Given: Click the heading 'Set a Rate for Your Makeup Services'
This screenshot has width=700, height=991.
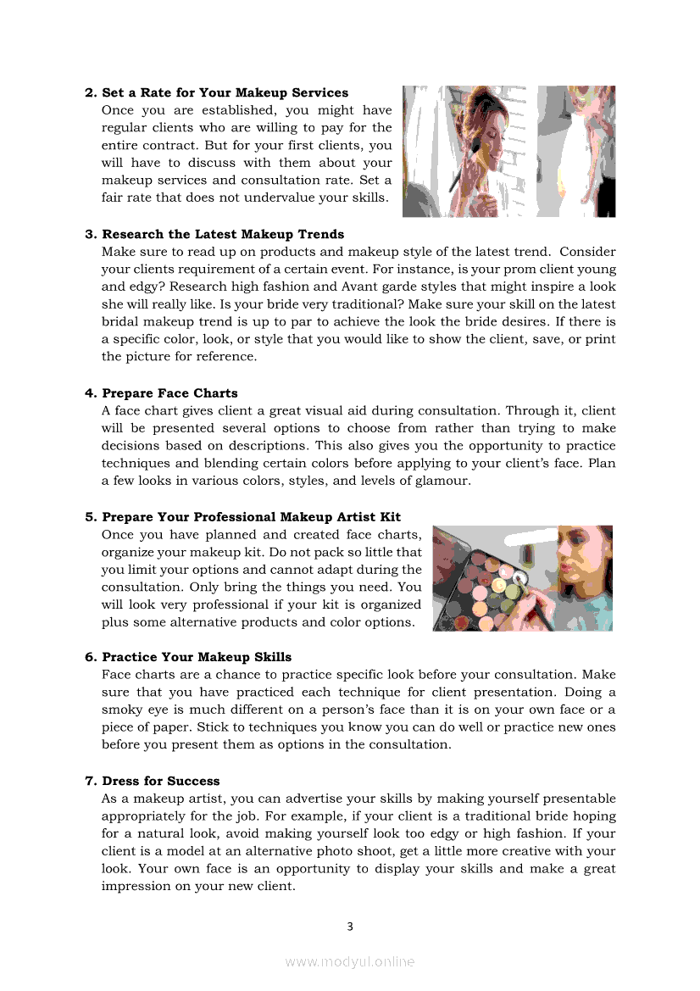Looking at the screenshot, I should (225, 92).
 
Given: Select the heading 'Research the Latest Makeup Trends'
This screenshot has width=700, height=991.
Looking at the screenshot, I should (223, 234).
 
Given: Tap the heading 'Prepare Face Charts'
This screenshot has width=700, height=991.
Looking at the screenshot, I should (169, 393).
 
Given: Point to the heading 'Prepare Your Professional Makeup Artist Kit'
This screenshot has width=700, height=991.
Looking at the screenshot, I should (251, 517).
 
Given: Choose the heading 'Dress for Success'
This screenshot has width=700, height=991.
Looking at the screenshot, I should (160, 781).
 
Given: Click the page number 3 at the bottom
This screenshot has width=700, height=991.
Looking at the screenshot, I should (349, 927).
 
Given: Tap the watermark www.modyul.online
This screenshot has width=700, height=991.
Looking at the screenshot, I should (349, 961).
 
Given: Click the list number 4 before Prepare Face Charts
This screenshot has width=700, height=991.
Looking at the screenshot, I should (89, 393).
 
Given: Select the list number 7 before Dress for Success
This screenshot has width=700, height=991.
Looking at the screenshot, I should (89, 781).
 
